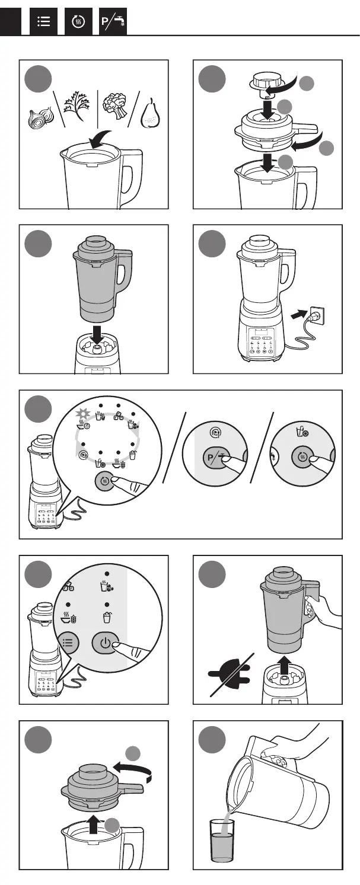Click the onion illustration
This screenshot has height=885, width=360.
(40, 117)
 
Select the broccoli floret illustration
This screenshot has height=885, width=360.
(115, 106)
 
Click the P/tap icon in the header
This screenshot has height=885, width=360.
(113, 21)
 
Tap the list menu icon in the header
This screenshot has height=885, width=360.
(43, 21)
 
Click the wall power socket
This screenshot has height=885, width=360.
(318, 317)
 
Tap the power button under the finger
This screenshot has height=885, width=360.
(105, 643)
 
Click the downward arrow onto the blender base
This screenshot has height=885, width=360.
(97, 335)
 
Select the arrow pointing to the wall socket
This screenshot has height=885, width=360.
(299, 315)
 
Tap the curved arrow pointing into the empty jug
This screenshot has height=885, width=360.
(101, 139)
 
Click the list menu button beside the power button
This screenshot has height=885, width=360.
(68, 643)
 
